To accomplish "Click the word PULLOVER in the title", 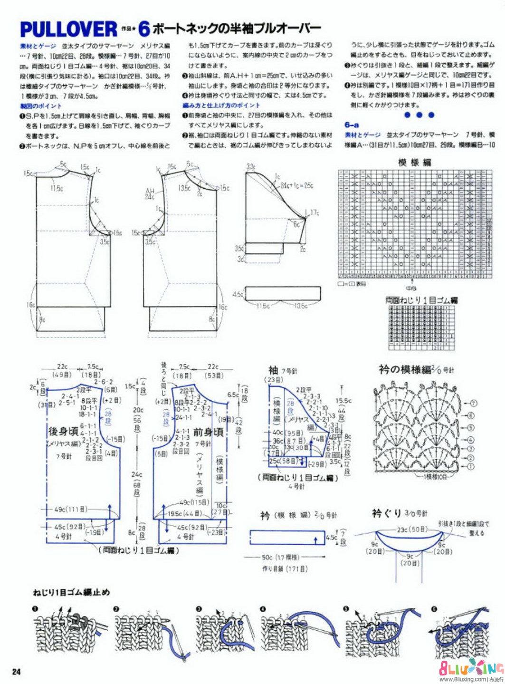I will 68,29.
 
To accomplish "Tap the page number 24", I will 16,672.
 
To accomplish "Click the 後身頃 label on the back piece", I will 63,431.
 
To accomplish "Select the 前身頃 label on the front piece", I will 208,432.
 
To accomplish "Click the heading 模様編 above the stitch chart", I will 415,163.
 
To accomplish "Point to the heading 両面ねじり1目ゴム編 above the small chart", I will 421,300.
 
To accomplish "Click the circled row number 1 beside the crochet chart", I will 471,466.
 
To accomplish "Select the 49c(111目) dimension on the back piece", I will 70,509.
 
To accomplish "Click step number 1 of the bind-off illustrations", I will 35,609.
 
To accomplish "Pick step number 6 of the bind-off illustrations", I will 434,609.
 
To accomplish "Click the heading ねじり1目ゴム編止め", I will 71,592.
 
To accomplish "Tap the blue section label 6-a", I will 352,125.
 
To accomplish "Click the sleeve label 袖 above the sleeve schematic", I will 273,370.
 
